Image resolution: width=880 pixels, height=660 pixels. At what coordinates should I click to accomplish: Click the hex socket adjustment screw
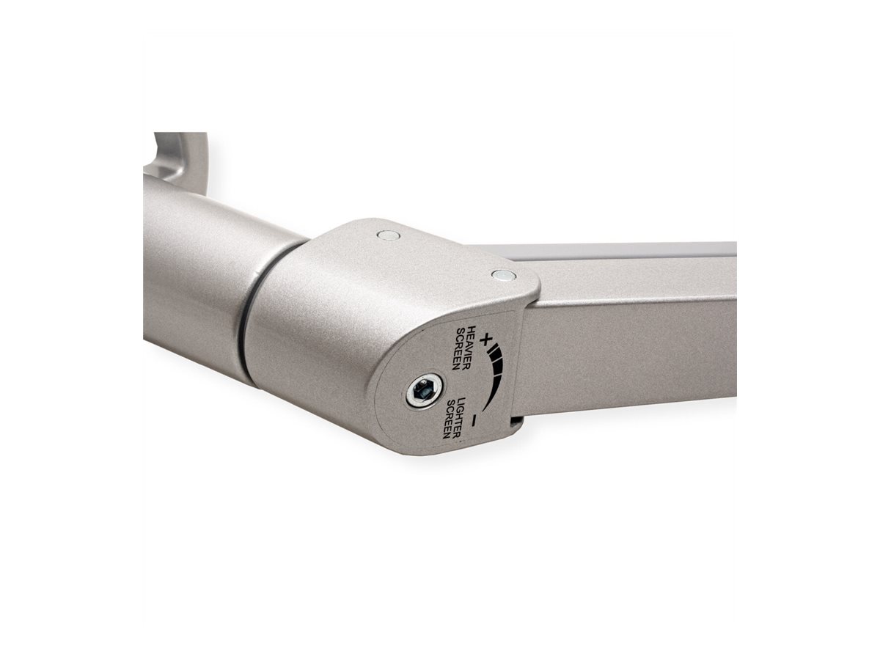425,392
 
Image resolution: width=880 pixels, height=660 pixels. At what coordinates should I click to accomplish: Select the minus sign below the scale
475,420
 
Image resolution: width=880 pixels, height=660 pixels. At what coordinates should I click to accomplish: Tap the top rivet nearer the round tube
388,235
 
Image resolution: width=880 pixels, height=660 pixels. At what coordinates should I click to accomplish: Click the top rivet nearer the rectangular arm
503,276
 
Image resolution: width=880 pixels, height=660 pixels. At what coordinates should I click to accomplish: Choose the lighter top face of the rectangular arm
623,251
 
